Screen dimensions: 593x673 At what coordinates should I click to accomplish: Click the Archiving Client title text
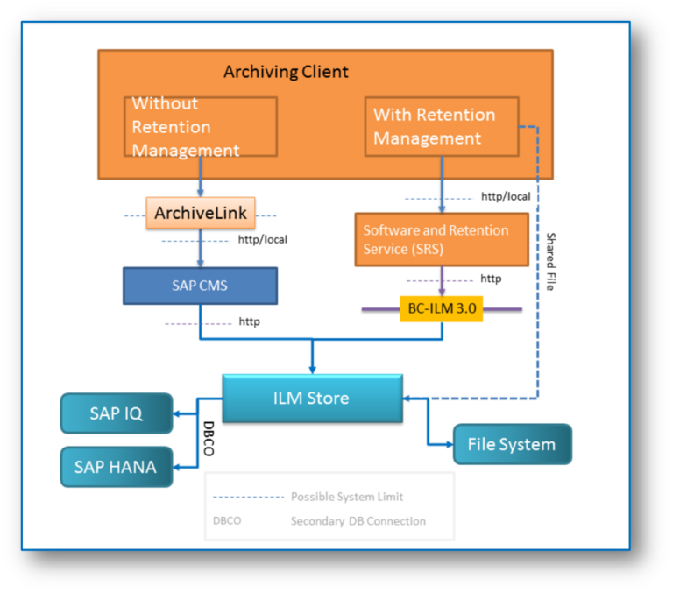[286, 72]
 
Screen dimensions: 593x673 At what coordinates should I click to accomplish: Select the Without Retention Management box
[201, 127]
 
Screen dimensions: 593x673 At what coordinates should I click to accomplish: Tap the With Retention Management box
[439, 126]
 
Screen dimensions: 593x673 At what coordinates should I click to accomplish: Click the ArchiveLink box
[201, 213]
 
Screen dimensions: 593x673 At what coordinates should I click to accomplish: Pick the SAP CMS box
[201, 285]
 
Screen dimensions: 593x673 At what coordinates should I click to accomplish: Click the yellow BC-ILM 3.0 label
[441, 309]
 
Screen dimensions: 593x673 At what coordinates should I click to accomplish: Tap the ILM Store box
[312, 399]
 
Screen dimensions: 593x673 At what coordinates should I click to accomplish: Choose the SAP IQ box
[116, 413]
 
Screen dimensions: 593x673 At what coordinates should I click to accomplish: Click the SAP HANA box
[116, 467]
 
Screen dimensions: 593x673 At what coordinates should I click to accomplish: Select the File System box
[512, 444]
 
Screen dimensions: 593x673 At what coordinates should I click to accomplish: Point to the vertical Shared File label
[551, 261]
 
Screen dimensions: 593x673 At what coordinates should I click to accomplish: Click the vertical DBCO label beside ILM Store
[209, 434]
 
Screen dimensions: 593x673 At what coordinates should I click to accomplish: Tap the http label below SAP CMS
[249, 321]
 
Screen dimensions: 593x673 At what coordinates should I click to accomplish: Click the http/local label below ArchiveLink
[262, 239]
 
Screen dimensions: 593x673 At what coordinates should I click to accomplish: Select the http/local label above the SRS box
[506, 196]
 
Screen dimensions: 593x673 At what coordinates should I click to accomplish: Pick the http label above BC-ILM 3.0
[491, 279]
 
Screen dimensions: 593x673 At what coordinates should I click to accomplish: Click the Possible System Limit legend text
[347, 497]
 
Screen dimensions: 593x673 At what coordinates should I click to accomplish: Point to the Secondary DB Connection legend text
[358, 521]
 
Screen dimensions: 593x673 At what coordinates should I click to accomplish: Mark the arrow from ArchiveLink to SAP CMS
[201, 249]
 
